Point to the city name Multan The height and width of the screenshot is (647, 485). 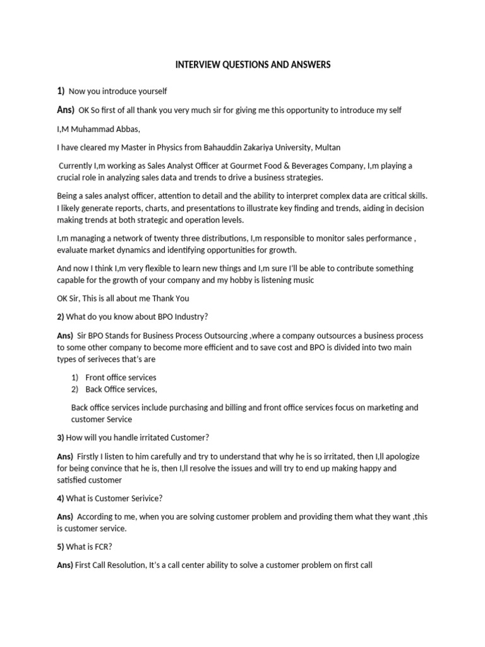327,147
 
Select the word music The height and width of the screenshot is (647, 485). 298,280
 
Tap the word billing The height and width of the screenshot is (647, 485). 229,408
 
